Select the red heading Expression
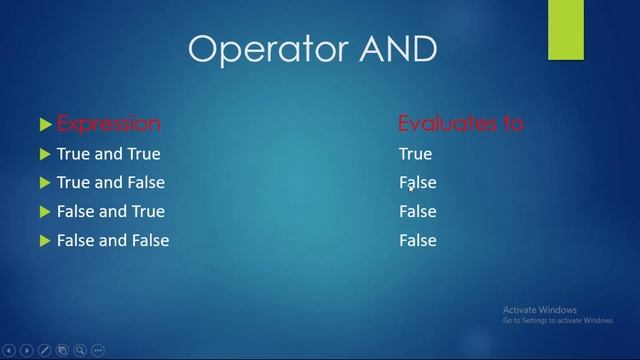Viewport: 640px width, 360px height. [x=108, y=124]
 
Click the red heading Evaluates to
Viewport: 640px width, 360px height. [x=461, y=124]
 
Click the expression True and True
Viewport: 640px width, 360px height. [x=108, y=154]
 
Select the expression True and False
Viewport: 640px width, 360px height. [x=111, y=183]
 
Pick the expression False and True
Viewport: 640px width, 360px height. [x=111, y=211]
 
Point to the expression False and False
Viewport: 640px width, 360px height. [x=113, y=240]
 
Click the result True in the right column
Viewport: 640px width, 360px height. [x=415, y=154]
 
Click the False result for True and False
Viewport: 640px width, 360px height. [x=418, y=183]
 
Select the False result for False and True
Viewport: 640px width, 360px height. [x=418, y=211]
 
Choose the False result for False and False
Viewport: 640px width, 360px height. [x=418, y=240]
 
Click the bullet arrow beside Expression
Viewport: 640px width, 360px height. [x=45, y=125]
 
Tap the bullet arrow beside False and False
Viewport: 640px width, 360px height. [x=45, y=241]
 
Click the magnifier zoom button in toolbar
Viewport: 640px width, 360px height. [x=80, y=351]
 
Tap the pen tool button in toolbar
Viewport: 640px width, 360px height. [x=44, y=351]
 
